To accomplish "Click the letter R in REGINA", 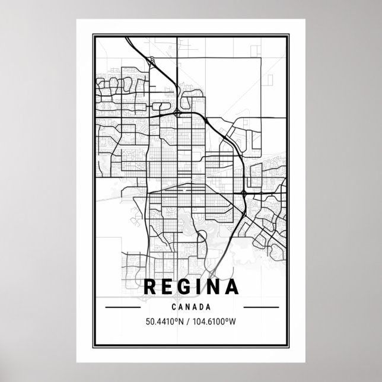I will [151, 288].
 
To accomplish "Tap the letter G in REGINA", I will [184, 288].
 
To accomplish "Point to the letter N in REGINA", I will [214, 288].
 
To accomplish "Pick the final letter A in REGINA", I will [231, 288].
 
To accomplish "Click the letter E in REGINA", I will [167, 288].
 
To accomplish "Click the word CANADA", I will [191, 308].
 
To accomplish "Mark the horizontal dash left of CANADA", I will [122, 308].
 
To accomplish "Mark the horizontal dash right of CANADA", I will [260, 308].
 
